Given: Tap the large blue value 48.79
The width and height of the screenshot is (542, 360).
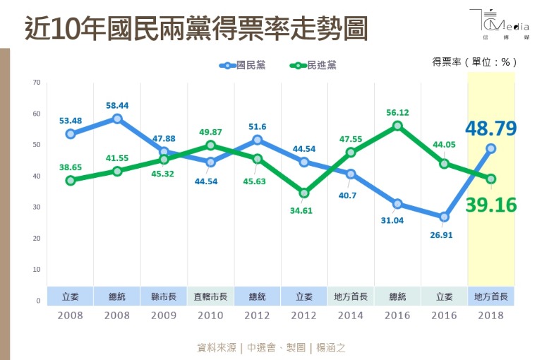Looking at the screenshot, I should tap(490, 128).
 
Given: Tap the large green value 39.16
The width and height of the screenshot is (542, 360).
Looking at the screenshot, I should tap(490, 205).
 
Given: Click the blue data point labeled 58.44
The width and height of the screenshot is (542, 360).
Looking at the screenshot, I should tap(117, 119).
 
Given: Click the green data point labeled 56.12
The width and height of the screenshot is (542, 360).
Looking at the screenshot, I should tap(397, 126).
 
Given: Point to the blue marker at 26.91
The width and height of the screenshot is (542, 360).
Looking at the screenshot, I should tap(444, 217).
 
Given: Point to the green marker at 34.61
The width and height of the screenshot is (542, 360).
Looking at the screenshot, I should tap(304, 193).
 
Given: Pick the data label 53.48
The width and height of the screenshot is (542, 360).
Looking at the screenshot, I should tap(71, 119).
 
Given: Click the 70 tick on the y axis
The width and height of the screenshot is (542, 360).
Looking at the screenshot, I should tap(36, 83).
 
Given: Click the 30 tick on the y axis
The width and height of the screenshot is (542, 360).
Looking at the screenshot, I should tap(36, 208).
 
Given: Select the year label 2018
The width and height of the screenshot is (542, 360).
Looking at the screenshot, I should tap(490, 316).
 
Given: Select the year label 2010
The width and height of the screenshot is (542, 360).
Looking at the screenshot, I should tap(210, 316).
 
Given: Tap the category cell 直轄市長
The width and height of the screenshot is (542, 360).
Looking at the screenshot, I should tap(210, 296).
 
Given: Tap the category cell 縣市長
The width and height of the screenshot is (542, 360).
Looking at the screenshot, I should tap(164, 296).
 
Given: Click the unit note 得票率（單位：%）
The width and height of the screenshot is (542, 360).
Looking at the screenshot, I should tap(472, 62).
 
